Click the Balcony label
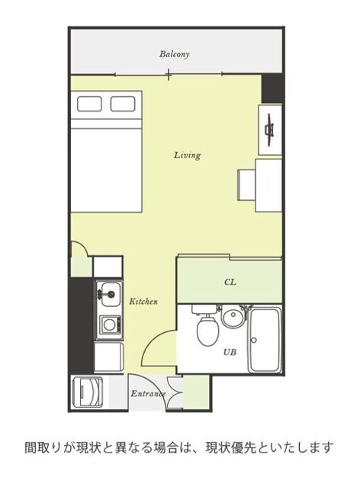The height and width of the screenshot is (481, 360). click(x=174, y=54)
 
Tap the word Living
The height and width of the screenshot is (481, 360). click(x=187, y=155)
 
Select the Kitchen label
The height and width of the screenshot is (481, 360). click(x=143, y=302)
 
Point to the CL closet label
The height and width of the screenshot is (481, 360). click(x=230, y=282)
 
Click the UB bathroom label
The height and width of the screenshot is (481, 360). click(x=230, y=352)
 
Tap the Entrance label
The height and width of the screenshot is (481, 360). click(x=148, y=393)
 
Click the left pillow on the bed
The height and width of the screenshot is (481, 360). click(x=89, y=104)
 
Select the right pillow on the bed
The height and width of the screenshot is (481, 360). click(x=123, y=104)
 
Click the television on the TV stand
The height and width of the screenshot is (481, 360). click(x=269, y=130)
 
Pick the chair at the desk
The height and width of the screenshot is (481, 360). click(x=247, y=185)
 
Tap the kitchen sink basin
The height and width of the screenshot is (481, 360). click(x=111, y=294)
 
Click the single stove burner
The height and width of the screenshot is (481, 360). click(x=109, y=324)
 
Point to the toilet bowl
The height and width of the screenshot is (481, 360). click(x=207, y=331)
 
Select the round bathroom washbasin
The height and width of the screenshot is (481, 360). click(x=233, y=318)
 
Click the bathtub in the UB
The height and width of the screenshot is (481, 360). click(x=265, y=340)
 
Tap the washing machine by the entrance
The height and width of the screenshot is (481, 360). click(x=88, y=392)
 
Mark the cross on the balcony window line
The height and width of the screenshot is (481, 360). click(x=169, y=74)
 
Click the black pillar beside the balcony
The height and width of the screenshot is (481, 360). click(x=272, y=89)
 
